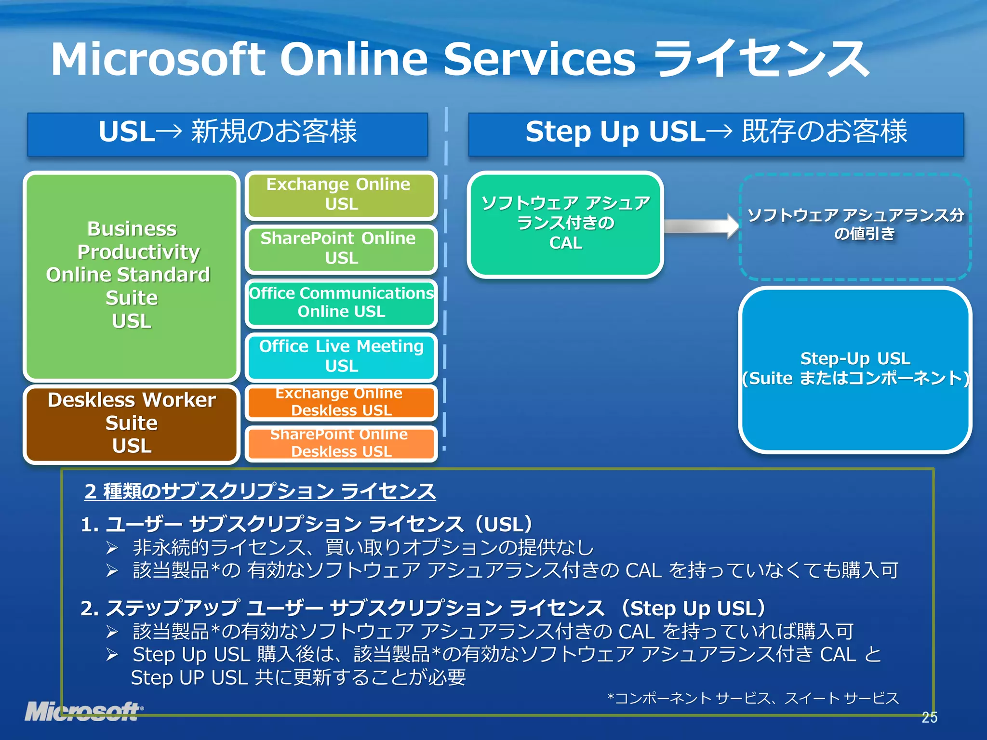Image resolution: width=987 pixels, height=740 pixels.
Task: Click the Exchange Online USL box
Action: pos(341,195)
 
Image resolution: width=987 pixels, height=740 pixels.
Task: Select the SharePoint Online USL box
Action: pos(341,249)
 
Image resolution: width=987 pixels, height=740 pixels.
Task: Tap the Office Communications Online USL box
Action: pos(341,303)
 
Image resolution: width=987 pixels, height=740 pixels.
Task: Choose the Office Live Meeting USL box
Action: pos(341,357)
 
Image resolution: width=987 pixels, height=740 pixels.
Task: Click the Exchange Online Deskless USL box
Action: pos(341,402)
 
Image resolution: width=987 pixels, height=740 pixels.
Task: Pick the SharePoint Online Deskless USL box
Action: pos(341,443)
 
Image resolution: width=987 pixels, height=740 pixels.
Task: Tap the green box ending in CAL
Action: pos(565,225)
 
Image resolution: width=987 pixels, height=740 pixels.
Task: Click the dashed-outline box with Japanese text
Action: pos(855,226)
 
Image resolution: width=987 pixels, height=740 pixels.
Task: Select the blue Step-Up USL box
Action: pos(855,369)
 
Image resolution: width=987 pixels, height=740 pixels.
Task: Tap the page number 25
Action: pos(929,717)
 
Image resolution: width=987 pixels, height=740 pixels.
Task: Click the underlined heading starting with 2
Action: pos(260,491)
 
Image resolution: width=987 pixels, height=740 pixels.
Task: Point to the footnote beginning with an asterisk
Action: pos(753,698)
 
